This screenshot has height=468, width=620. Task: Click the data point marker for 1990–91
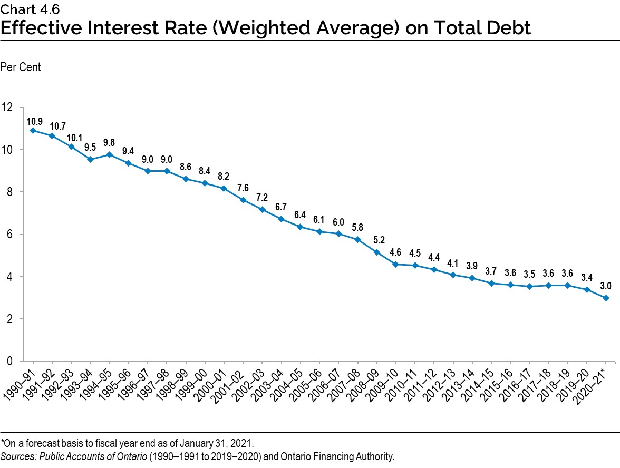(x=33, y=130)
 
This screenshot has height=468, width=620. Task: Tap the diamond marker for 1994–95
(x=109, y=154)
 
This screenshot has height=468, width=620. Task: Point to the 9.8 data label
(x=109, y=143)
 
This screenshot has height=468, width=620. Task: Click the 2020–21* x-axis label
(x=595, y=385)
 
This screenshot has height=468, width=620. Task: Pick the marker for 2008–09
(x=376, y=252)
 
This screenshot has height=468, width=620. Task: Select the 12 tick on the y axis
(x=7, y=107)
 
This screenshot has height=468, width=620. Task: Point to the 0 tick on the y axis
(x=9, y=362)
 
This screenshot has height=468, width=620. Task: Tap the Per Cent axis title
(x=21, y=67)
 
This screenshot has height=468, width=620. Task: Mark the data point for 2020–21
(x=606, y=298)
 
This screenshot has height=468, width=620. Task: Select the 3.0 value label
(x=606, y=287)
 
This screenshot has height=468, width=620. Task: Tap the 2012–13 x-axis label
(x=442, y=385)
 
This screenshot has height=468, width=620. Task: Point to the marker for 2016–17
(x=529, y=287)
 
